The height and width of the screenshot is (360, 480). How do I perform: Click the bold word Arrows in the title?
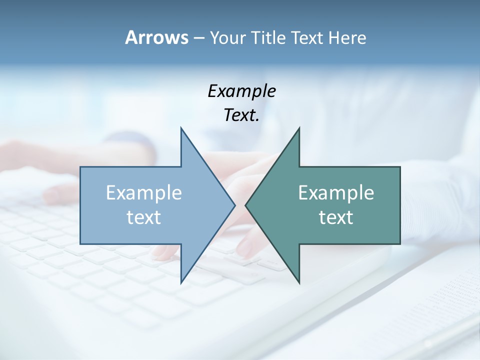pyautogui.click(x=156, y=37)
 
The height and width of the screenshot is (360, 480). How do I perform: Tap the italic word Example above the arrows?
pyautogui.click(x=241, y=91)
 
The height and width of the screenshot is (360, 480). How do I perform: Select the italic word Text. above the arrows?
pyautogui.click(x=241, y=115)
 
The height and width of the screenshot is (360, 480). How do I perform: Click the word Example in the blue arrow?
pyautogui.click(x=144, y=193)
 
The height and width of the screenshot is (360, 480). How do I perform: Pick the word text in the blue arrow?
pyautogui.click(x=144, y=217)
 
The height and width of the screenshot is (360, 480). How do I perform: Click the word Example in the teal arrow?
pyautogui.click(x=336, y=193)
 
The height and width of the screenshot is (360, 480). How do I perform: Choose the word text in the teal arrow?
pyautogui.click(x=336, y=217)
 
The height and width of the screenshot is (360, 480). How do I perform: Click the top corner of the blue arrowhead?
pyautogui.click(x=181, y=128)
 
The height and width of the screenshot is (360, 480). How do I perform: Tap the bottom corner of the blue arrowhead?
pyautogui.click(x=181, y=282)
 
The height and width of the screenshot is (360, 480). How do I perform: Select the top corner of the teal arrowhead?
pyautogui.click(x=299, y=128)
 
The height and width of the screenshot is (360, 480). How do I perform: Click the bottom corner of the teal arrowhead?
pyautogui.click(x=299, y=282)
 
